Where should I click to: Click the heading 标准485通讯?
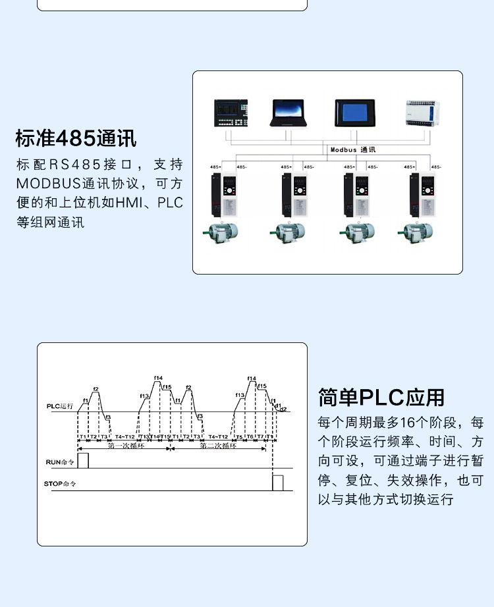[x=76, y=139]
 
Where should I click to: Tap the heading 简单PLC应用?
[x=381, y=398]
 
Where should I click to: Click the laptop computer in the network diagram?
[x=288, y=113]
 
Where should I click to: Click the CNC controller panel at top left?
[x=231, y=113]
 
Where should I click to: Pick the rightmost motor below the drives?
[x=414, y=232]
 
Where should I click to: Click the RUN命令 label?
[x=61, y=462]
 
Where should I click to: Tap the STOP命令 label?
[x=60, y=484]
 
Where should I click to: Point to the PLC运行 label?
[x=60, y=406]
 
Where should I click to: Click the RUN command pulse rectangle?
[x=83, y=461]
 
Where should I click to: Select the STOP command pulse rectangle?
[x=278, y=482]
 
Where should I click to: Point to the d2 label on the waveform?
[x=283, y=409]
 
